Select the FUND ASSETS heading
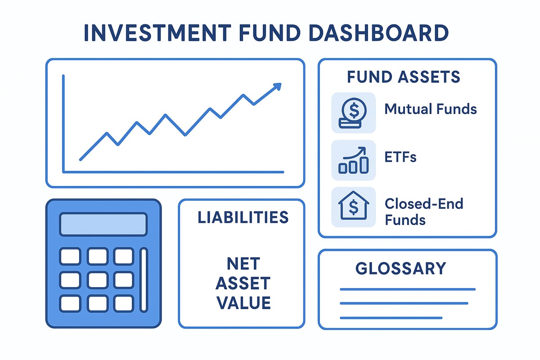click(x=403, y=77)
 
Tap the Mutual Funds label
click(x=430, y=109)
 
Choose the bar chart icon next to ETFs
click(x=353, y=161)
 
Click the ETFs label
click(x=400, y=157)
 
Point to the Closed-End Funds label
click(x=423, y=211)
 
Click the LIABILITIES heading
click(x=243, y=217)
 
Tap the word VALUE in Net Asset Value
click(x=243, y=303)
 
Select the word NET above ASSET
click(x=243, y=264)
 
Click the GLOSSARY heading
click(x=400, y=269)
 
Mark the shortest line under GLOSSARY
click(x=391, y=318)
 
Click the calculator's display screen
click(x=103, y=224)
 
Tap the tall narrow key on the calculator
click(x=144, y=279)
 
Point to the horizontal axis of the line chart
click(x=173, y=171)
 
